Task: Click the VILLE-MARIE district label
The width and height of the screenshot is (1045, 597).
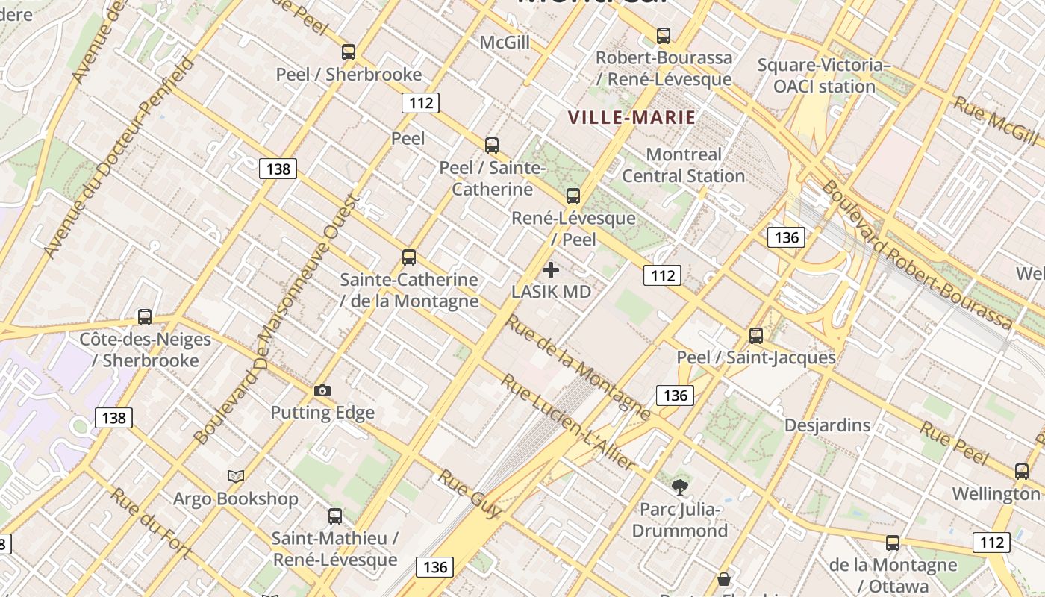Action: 631,117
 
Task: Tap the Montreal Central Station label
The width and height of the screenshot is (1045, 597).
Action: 684,165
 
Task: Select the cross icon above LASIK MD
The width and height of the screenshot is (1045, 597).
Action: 551,270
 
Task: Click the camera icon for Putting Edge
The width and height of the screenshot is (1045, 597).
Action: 322,390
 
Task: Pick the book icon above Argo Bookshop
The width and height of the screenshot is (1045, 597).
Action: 236,476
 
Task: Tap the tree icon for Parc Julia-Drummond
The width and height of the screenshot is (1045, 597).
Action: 679,488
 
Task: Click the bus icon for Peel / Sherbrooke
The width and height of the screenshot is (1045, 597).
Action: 349,52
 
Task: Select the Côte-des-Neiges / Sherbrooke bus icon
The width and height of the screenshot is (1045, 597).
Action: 145,317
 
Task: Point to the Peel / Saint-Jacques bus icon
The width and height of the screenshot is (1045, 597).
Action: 756,335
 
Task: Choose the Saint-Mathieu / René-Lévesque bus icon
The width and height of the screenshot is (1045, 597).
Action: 335,516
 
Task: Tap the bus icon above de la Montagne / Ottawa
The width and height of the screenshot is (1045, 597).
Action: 893,543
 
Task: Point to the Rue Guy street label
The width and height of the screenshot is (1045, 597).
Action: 470,493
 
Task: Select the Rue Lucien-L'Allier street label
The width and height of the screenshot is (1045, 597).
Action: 568,422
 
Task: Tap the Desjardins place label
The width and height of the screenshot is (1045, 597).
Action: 827,425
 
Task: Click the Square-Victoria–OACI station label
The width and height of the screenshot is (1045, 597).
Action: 824,75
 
